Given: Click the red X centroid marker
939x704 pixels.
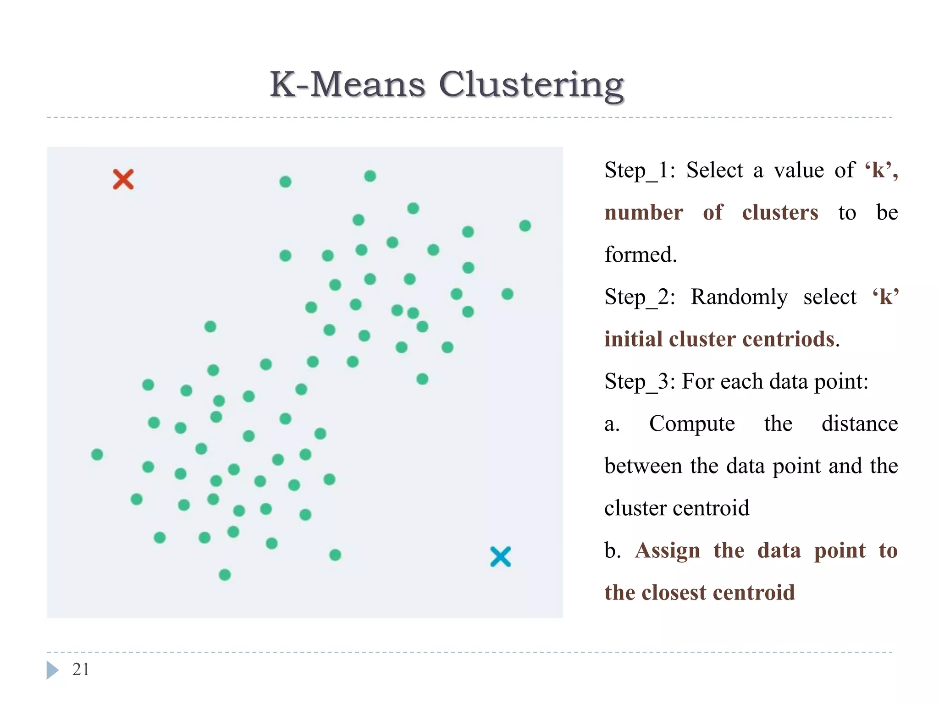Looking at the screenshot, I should pos(123,179).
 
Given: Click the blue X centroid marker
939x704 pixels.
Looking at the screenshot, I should pos(500,557).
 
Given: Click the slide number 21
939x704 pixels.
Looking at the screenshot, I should pos(81,669).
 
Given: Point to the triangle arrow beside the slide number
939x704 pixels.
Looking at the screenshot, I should pos(52,670).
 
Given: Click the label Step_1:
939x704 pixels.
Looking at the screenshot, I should pos(640,170).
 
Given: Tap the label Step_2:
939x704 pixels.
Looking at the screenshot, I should pos(640,297).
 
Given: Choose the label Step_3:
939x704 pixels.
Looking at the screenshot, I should pos(640,382).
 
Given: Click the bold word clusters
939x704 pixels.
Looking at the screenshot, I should pos(780,213).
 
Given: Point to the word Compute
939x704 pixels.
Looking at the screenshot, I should pos(692,424).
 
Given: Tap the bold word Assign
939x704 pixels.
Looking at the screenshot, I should pos(667,550).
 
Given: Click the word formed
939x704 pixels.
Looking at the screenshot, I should pos(640,255).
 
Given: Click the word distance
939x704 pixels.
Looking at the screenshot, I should pos(859,424).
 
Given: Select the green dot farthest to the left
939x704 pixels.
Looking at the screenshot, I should pos(97,454).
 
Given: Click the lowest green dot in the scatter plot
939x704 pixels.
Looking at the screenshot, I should pos(225,575).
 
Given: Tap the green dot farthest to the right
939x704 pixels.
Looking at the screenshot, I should pos(525,225).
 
